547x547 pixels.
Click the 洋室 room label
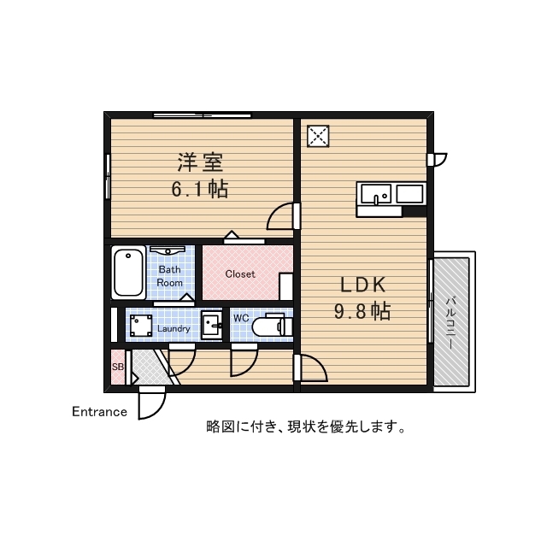click(x=201, y=162)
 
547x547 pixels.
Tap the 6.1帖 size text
click(x=201, y=189)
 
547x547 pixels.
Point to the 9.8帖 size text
click(x=362, y=311)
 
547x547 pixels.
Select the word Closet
click(x=240, y=274)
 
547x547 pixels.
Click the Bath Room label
click(x=170, y=276)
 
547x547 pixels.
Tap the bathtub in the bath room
click(x=128, y=271)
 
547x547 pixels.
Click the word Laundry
click(x=174, y=327)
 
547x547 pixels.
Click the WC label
click(x=241, y=319)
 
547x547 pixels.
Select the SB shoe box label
click(x=117, y=368)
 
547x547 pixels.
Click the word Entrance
click(x=99, y=412)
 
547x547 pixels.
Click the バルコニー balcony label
click(x=450, y=320)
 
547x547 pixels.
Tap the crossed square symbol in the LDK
click(x=318, y=136)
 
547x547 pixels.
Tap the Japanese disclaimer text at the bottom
click(x=305, y=426)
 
